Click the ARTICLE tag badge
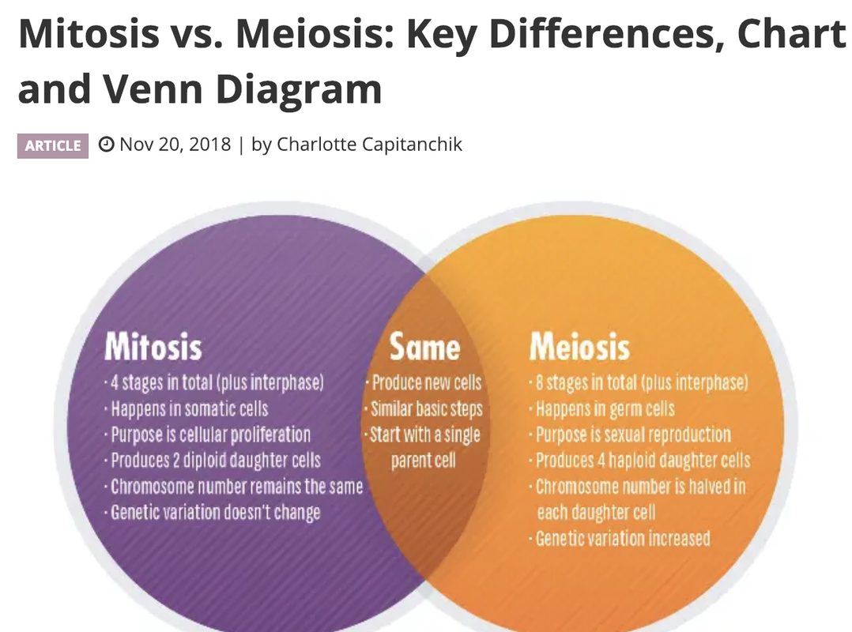coord(52,145)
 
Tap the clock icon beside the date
coord(106,145)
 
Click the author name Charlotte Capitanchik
coord(368,145)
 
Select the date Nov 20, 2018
coord(175,145)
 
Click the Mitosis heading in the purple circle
coord(153,348)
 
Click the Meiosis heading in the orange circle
coord(579,348)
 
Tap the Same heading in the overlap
coord(424,348)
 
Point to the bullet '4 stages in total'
coord(216,383)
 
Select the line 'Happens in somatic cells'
coord(188,409)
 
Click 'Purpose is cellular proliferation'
coord(209,434)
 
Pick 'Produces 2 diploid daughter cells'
coord(214,461)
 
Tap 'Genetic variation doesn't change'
coord(214,512)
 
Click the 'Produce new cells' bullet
coord(425,383)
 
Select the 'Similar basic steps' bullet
coord(425,409)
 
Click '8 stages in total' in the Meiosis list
coord(640,383)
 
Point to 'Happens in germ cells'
coord(605,409)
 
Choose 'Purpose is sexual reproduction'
coord(632,434)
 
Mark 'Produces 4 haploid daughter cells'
coord(642,461)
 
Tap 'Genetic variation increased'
coord(622,539)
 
